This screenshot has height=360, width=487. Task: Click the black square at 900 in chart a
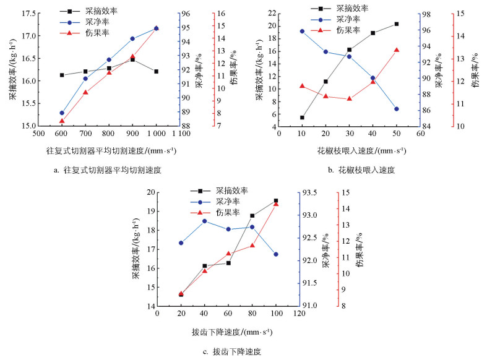132,59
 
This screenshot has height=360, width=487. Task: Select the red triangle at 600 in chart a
62,121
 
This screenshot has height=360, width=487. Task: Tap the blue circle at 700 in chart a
85,79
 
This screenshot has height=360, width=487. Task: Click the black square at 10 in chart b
302,118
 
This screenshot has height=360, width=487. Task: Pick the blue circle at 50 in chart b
396,109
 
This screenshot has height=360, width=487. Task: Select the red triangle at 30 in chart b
350,98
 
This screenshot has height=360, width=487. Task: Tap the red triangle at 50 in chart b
396,50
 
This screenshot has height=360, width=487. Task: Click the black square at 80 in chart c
252,216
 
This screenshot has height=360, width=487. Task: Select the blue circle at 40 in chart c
205,221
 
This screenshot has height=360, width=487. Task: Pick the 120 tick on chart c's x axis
300,314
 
